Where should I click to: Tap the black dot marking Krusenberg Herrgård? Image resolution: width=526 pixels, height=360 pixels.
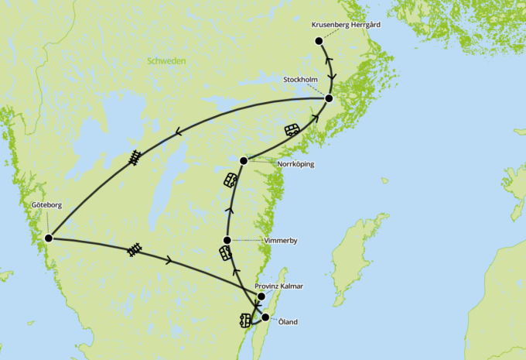(319, 40)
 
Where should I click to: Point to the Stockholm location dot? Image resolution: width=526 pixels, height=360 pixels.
(329, 98)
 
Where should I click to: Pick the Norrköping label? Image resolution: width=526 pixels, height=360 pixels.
(295, 164)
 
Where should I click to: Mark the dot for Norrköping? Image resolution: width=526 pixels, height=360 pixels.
(244, 160)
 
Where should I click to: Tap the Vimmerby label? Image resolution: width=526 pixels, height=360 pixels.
(281, 241)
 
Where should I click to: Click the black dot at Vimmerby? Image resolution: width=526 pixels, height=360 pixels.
(227, 240)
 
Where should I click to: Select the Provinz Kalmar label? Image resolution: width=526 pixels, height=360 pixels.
(279, 286)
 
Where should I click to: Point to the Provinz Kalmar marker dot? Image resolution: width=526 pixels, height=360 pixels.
(261, 297)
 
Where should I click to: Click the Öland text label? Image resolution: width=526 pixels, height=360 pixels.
(288, 321)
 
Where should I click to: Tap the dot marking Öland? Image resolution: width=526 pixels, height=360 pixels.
(265, 317)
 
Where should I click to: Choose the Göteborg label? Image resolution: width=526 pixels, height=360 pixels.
(46, 206)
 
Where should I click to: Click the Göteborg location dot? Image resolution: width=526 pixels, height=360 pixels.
(48, 238)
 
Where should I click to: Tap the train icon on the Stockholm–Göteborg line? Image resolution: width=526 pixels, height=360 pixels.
(137, 158)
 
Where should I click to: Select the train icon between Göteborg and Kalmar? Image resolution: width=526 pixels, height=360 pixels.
(136, 249)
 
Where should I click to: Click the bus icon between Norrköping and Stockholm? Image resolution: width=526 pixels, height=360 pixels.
(292, 129)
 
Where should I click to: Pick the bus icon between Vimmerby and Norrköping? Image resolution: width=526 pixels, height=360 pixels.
(231, 181)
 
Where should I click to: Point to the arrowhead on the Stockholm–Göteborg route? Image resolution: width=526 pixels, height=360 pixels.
(179, 132)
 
